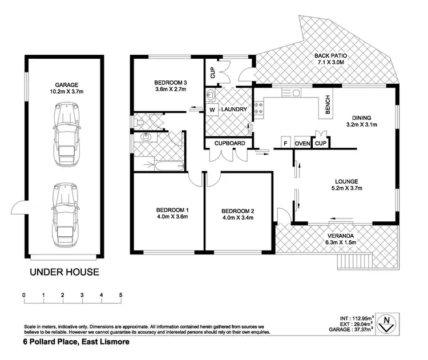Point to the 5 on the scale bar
tap(120, 295)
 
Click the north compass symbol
tap(386, 323)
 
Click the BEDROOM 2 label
tap(238, 211)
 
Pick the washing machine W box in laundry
tap(211, 110)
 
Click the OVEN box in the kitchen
tap(302, 143)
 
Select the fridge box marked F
tap(285, 143)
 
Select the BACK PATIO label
tap(331, 56)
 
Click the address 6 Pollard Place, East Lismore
tap(76, 342)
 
